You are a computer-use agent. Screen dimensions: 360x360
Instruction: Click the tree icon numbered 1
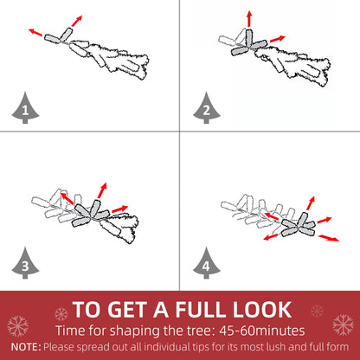click(x=25, y=110)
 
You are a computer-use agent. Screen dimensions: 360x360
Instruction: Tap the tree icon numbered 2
click(x=205, y=110)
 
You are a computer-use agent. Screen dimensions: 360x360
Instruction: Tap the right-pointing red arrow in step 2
click(x=274, y=39)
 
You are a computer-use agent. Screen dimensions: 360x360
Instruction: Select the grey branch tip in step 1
click(x=56, y=35)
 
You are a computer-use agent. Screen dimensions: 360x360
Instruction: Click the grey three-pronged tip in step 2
click(x=247, y=46)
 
